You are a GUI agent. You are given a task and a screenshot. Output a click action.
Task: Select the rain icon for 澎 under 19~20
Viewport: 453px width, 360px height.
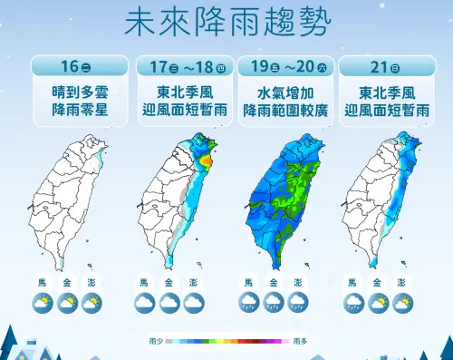296,303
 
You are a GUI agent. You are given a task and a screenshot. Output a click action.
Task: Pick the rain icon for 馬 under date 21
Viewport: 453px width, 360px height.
354,303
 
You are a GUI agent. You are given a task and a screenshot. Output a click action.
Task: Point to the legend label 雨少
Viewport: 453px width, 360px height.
156,342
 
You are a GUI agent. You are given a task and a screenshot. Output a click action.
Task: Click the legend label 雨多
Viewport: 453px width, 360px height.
300,342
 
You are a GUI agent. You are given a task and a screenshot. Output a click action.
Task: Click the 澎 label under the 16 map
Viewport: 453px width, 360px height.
90,283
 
